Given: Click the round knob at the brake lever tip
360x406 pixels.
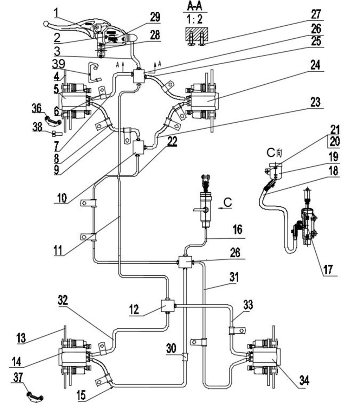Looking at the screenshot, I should pos(46,24).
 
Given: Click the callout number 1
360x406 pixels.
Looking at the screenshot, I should pos(56,13).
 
